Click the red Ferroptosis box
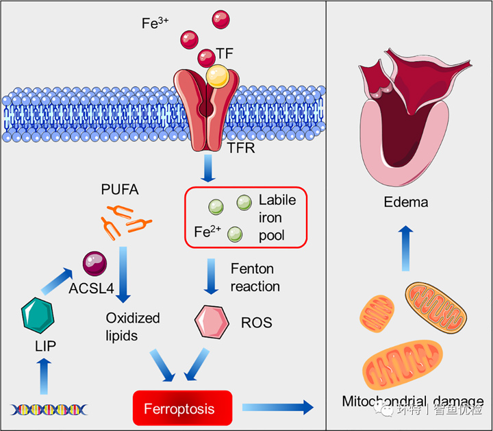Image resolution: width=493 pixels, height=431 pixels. (179, 410)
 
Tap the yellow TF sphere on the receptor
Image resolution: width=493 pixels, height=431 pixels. (218, 76)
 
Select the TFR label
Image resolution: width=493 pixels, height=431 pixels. (240, 148)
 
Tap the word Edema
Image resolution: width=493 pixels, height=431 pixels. (406, 202)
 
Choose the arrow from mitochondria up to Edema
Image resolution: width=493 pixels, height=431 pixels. (405, 248)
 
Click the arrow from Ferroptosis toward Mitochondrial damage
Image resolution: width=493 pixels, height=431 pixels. (277, 408)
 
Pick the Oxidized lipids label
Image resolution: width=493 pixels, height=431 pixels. (132, 326)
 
